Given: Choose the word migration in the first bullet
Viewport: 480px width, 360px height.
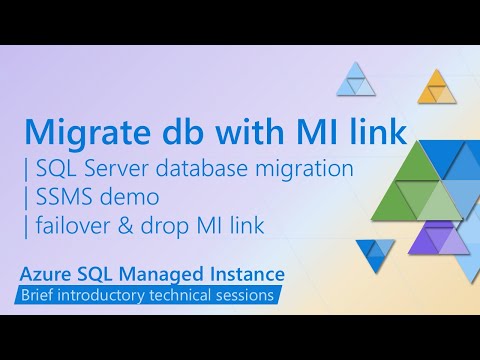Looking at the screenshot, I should coord(311,169).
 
